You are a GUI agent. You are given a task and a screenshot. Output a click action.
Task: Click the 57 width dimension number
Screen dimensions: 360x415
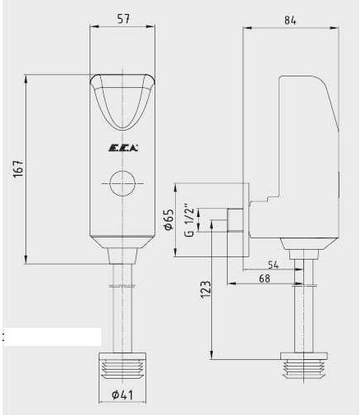tap(122, 19)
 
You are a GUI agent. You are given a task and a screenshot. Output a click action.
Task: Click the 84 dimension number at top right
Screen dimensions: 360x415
tap(290, 21)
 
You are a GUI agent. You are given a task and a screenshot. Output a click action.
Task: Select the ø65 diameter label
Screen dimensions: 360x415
tap(168, 219)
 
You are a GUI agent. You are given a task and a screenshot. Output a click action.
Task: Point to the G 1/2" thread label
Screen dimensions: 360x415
tap(189, 220)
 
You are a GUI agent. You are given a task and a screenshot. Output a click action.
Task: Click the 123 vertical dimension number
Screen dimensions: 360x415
tap(205, 289)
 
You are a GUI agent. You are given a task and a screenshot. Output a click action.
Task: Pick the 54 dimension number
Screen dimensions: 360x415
tap(273, 265)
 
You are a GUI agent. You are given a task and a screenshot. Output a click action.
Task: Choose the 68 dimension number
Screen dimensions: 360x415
tap(265, 279)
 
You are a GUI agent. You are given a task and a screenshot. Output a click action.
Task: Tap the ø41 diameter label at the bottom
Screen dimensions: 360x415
tap(122, 394)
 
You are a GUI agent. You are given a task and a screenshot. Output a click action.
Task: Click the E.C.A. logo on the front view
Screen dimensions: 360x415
tap(123, 148)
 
